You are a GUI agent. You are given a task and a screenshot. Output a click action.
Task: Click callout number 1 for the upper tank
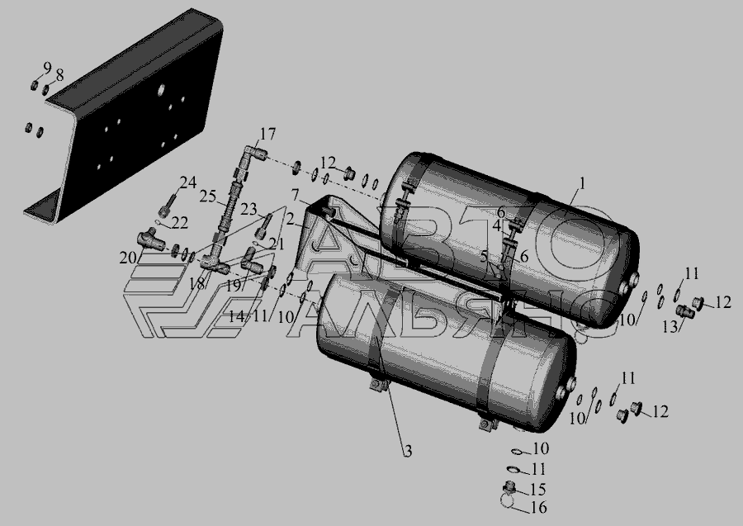click(582, 183)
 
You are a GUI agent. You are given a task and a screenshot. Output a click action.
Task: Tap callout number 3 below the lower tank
click(408, 451)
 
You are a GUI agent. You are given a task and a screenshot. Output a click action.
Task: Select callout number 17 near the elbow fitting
click(267, 135)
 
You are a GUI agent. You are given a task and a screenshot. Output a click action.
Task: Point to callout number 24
click(187, 182)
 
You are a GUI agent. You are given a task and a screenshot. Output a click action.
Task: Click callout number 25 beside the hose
click(207, 197)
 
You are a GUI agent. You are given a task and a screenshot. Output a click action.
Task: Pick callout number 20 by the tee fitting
click(126, 258)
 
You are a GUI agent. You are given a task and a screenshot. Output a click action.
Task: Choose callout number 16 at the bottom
click(538, 508)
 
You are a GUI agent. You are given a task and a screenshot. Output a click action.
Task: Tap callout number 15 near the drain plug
click(537, 489)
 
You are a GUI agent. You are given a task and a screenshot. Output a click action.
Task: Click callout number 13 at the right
click(670, 326)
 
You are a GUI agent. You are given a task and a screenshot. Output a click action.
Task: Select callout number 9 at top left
click(47, 68)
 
